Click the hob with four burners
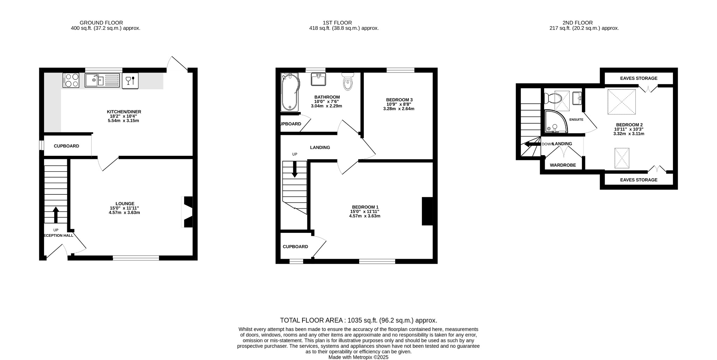(71, 80)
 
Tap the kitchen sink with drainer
(102, 80)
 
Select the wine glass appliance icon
(130, 81)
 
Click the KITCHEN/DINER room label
(124, 112)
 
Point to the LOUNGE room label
(125, 203)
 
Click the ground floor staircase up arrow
(56, 214)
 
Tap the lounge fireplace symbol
(188, 212)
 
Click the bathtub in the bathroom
(290, 92)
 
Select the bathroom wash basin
(319, 79)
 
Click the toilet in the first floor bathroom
(348, 82)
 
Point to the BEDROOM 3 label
(399, 100)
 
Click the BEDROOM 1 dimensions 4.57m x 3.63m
(364, 216)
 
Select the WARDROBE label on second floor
(563, 165)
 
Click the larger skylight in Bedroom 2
(621, 102)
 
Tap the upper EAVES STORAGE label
(639, 78)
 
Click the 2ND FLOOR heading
(577, 23)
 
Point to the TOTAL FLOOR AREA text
(358, 320)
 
